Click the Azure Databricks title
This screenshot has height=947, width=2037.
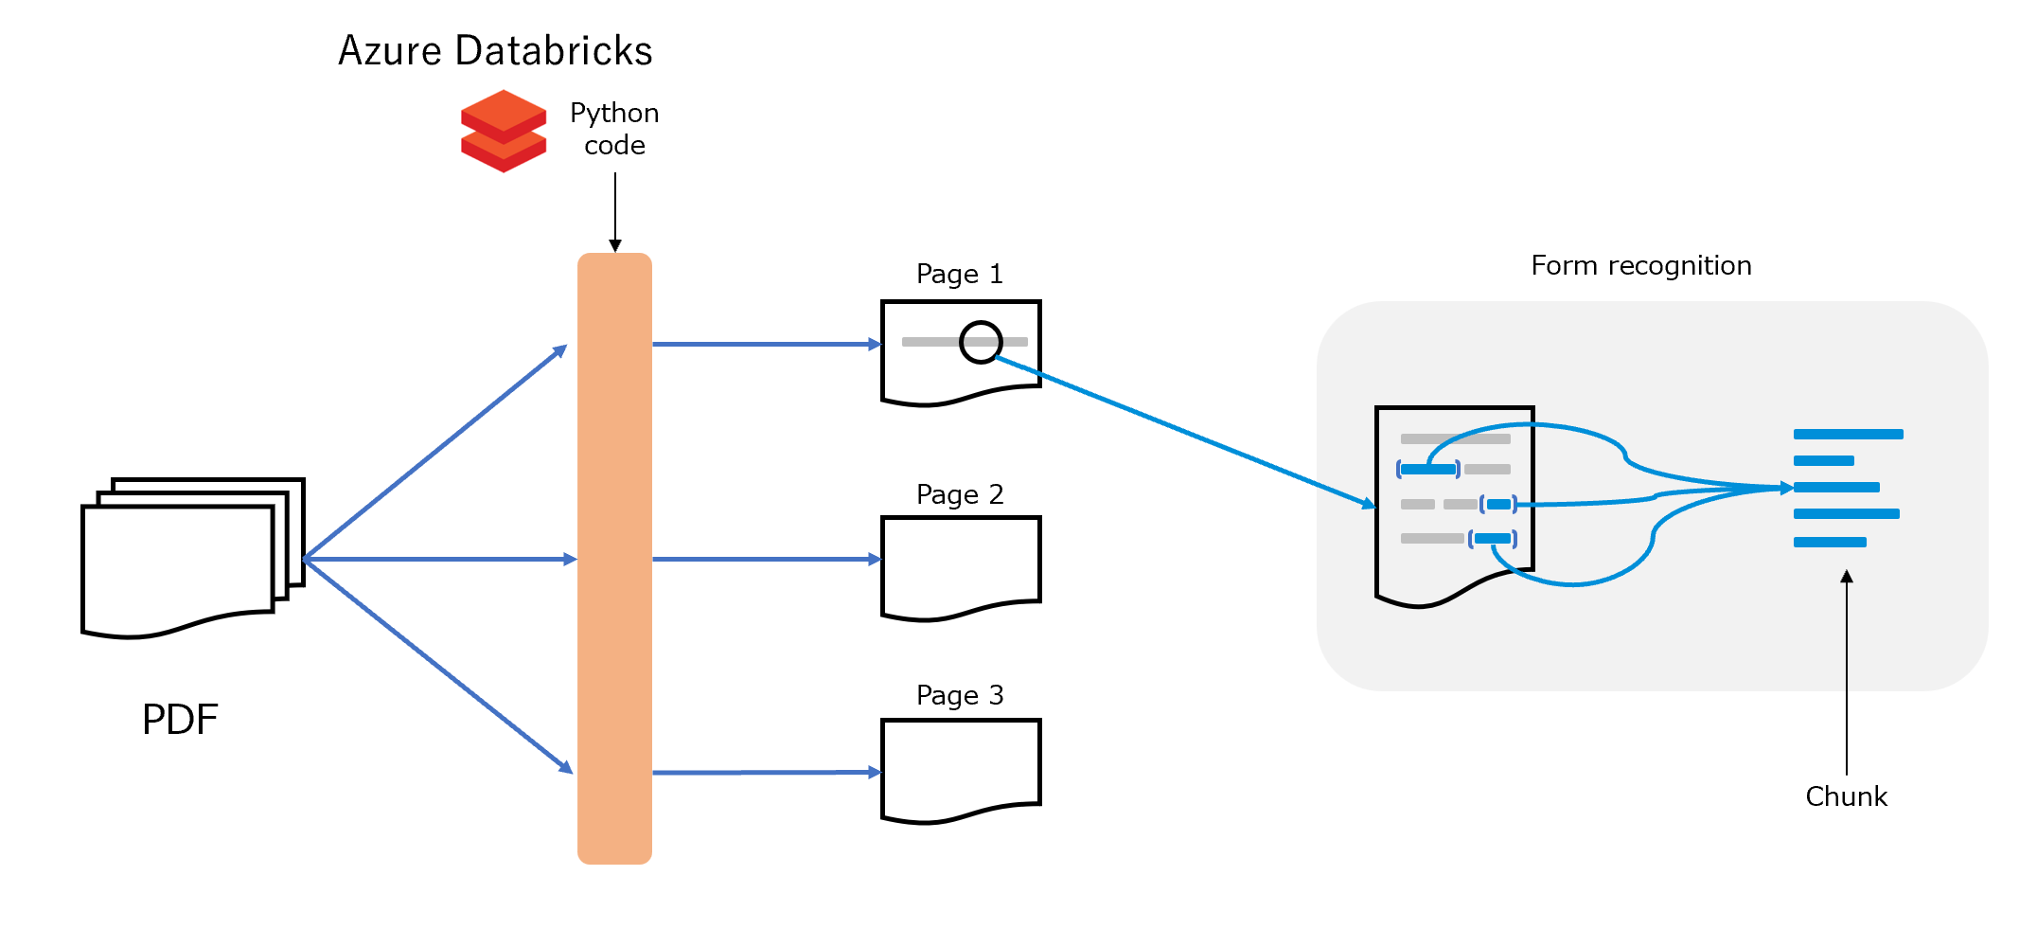[495, 51]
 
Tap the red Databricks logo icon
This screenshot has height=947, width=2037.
[504, 131]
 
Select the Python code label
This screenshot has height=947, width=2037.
[614, 129]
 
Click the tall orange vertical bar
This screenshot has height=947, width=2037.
[614, 559]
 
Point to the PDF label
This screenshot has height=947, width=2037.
[180, 720]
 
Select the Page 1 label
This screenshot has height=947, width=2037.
[959, 275]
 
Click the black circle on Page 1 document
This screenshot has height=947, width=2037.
[981, 342]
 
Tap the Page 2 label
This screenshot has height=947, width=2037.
[959, 495]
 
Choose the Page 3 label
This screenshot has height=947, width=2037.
[959, 696]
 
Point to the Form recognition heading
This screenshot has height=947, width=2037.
[1641, 266]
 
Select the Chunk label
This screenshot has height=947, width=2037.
[1846, 796]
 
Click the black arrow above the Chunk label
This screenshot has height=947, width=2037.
[1847, 672]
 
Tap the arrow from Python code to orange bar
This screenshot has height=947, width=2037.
[615, 212]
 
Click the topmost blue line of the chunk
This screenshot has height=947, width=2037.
[1848, 435]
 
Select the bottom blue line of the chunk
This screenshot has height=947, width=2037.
[1830, 543]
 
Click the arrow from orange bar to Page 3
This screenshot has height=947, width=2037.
[767, 773]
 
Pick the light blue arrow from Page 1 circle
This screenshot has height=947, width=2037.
[1183, 431]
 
